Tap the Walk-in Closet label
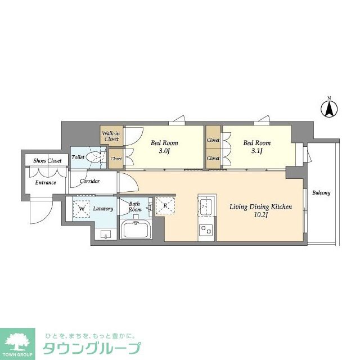coord(110,136)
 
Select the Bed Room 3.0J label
coord(164,147)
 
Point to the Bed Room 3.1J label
coord(257,147)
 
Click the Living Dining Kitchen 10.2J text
coord(260,211)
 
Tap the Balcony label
coord(322,193)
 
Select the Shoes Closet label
coord(48,160)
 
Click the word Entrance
coord(46,183)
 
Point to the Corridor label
coord(90,181)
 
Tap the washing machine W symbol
coord(82,208)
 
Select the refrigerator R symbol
coord(165,205)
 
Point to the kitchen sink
coord(206,206)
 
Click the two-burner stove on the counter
coord(206,230)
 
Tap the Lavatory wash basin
coord(106,233)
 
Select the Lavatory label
coord(103,209)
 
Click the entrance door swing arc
coord(42,214)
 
